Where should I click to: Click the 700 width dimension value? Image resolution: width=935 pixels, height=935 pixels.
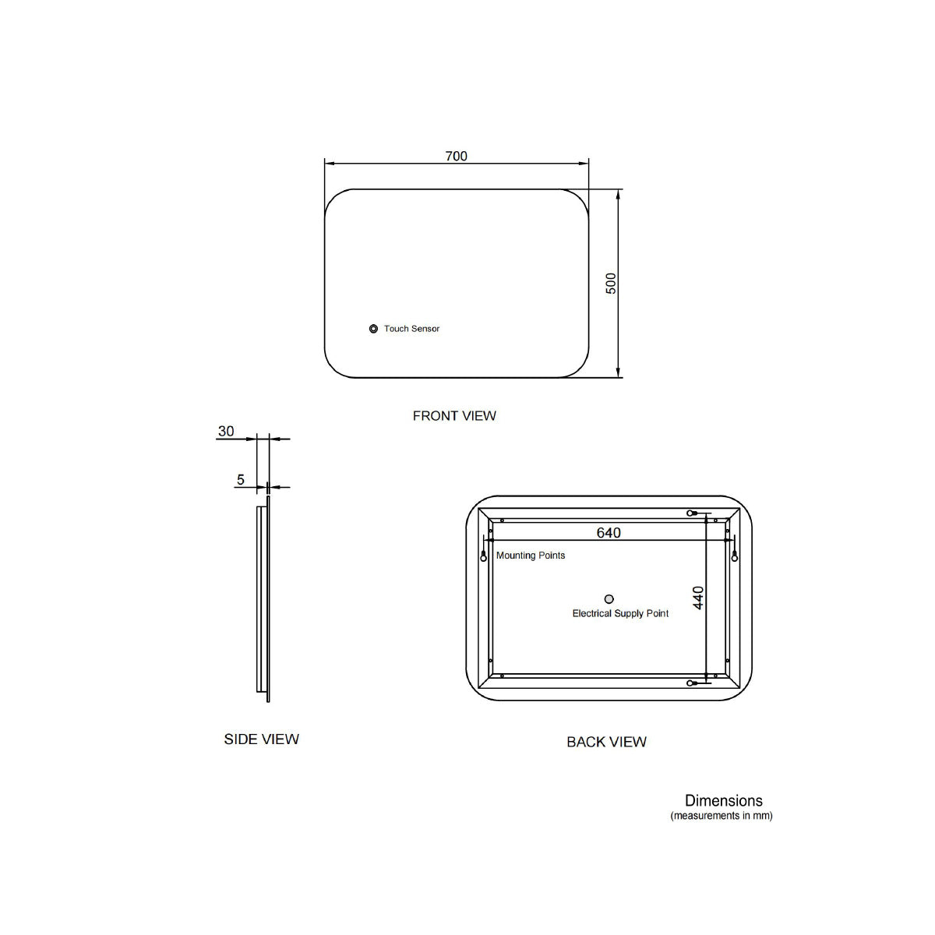pyautogui.click(x=456, y=157)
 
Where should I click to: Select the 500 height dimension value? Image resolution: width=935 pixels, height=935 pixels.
pyautogui.click(x=612, y=284)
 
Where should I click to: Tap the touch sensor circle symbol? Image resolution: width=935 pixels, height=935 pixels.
pyautogui.click(x=373, y=329)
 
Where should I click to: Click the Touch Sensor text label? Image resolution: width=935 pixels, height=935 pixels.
pyautogui.click(x=411, y=329)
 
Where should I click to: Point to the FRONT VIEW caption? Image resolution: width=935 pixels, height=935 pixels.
pyautogui.click(x=454, y=416)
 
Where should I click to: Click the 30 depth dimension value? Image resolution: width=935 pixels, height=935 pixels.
pyautogui.click(x=226, y=431)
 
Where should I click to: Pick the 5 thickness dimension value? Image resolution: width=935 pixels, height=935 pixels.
pyautogui.click(x=241, y=479)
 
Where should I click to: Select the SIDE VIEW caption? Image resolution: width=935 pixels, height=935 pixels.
pyautogui.click(x=262, y=739)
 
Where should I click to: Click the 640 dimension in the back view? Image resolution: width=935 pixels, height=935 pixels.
pyautogui.click(x=609, y=533)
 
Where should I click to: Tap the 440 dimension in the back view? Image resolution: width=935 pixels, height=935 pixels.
pyautogui.click(x=698, y=598)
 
